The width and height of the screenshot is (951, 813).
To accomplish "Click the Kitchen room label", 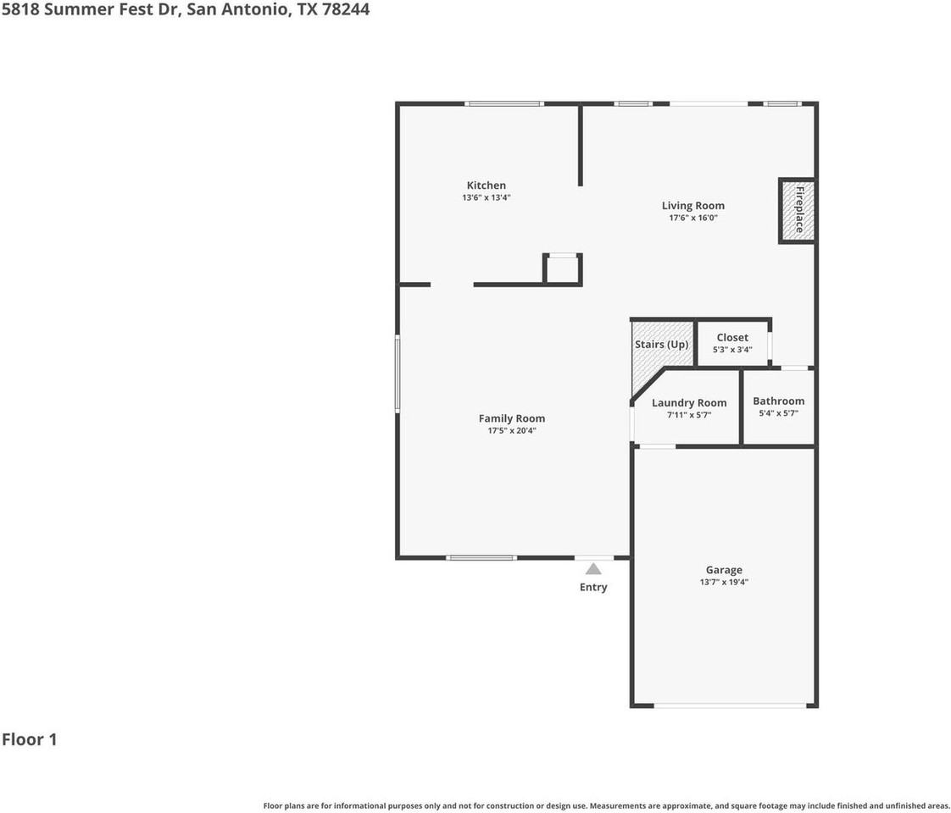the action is pos(486,185).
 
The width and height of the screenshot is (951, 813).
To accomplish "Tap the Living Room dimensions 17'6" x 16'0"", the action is pos(693,218).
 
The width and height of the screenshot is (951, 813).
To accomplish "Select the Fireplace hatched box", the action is pos(797,211).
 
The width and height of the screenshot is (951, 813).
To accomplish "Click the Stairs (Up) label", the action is pos(661,344).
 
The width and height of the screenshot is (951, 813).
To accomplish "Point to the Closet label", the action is pos(732,337).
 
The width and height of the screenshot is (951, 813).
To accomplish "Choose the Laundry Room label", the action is pos(689,403).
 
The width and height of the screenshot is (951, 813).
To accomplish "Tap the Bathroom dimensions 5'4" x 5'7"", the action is pos(779,413).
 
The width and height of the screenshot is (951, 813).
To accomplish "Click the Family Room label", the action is pos(512,418).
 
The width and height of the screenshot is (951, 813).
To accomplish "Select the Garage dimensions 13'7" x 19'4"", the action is pos(724,582).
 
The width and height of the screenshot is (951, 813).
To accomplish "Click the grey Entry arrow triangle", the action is pos(593,569).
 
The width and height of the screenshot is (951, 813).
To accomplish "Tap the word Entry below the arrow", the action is pos(593,587).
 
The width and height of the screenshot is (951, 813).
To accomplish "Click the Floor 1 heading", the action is pos(29,739).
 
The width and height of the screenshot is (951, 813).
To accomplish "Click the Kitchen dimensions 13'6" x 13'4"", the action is pos(487,197).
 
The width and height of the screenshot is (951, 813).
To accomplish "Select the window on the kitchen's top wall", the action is pos(504,103).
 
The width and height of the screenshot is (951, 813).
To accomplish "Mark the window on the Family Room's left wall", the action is pos(398,373).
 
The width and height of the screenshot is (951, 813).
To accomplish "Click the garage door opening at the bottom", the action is pos(731,705).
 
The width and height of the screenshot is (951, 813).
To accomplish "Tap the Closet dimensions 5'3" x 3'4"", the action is pos(732,350).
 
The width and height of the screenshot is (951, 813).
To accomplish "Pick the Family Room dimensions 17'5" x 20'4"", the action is pos(512,431).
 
